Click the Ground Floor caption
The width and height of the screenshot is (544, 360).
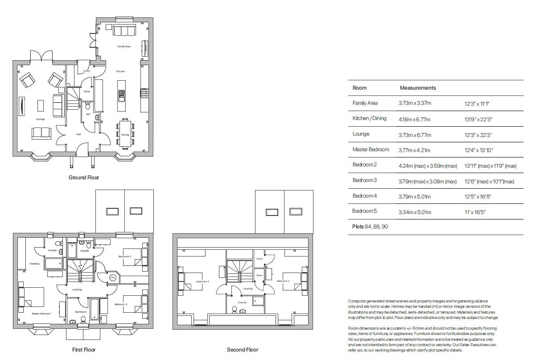tap(83, 178)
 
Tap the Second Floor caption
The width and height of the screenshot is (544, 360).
tap(242, 350)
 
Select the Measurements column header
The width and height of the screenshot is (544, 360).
tap(417, 88)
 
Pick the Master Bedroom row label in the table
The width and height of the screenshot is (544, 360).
tap(371, 149)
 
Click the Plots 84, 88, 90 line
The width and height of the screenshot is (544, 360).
tap(370, 227)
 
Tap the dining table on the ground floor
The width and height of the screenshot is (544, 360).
tap(125, 132)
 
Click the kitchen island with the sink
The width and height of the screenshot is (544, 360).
tap(121, 95)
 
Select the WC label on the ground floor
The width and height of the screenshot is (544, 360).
tap(88, 114)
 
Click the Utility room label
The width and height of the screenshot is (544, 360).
tap(87, 71)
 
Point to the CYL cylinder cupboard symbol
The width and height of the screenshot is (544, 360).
tap(112, 277)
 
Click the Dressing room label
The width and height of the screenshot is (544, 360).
tap(34, 264)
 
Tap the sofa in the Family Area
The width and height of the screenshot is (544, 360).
tap(124, 31)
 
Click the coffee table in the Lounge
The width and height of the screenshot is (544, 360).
tap(41, 106)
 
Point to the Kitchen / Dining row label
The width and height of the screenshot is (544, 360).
tap(369, 119)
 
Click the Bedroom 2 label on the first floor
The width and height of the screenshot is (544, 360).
tap(124, 257)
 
